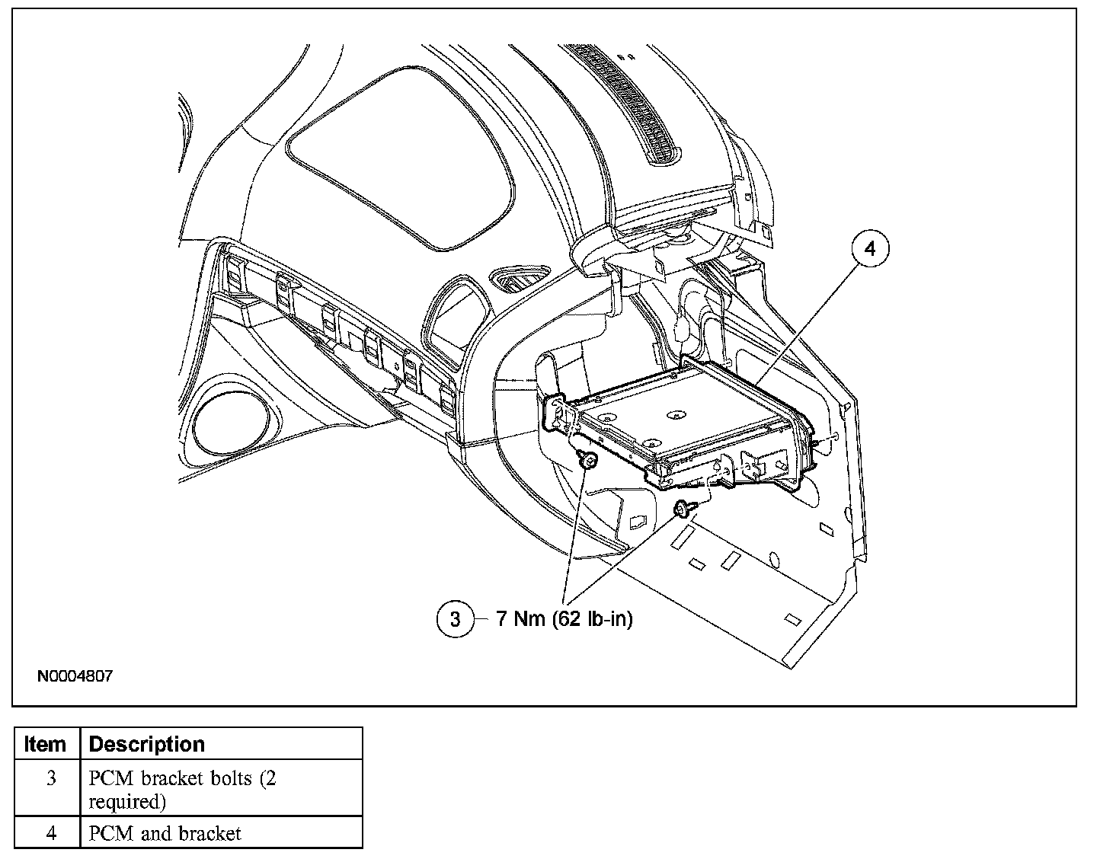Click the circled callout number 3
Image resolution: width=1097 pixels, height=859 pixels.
(455, 619)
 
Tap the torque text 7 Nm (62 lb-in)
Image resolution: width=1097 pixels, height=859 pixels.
(564, 619)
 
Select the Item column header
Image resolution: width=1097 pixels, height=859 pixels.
(45, 744)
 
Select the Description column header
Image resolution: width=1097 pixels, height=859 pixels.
(147, 744)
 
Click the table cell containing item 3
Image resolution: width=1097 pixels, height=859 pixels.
(50, 790)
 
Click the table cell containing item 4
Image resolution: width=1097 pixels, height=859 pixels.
(50, 833)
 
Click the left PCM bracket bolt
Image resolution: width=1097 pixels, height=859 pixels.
(587, 460)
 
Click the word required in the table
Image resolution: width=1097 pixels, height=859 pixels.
(126, 801)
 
